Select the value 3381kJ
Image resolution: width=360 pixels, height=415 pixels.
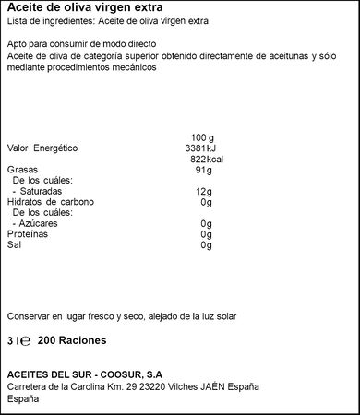pyautogui.click(x=200, y=148)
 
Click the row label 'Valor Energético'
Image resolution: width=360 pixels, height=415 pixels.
pyautogui.click(x=42, y=148)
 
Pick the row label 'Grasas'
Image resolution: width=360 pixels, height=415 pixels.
pyautogui.click(x=22, y=170)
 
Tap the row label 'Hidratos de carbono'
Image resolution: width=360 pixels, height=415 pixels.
pyautogui.click(x=50, y=202)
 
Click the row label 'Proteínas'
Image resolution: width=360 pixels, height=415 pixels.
pyautogui.click(x=27, y=235)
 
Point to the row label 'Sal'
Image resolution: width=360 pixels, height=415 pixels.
pyautogui.click(x=14, y=246)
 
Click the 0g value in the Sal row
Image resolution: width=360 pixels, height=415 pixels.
pyautogui.click(x=206, y=246)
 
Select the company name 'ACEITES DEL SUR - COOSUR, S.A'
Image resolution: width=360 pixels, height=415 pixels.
pyautogui.click(x=84, y=373)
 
